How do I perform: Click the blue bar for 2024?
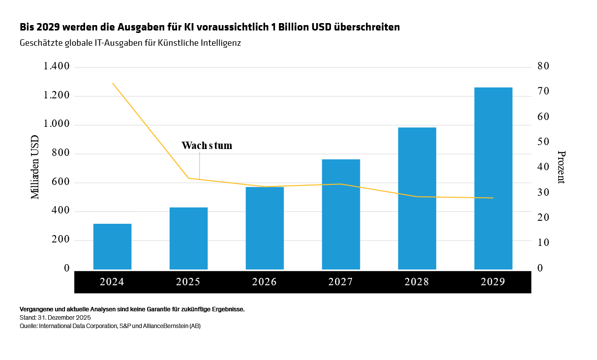point(112,246)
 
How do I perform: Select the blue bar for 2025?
point(188,238)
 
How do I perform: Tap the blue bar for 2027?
point(341,214)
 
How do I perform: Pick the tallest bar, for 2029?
point(493,178)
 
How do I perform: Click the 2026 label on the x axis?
point(265,282)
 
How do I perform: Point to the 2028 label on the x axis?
point(417,282)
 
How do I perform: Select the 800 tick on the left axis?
point(61,153)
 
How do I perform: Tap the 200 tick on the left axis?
point(61,240)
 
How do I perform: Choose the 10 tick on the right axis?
point(543,243)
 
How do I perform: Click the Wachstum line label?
point(207,146)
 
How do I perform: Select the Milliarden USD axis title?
point(35,167)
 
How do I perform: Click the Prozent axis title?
point(561,167)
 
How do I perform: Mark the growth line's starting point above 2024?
point(113,83)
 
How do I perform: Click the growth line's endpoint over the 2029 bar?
point(493,198)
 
